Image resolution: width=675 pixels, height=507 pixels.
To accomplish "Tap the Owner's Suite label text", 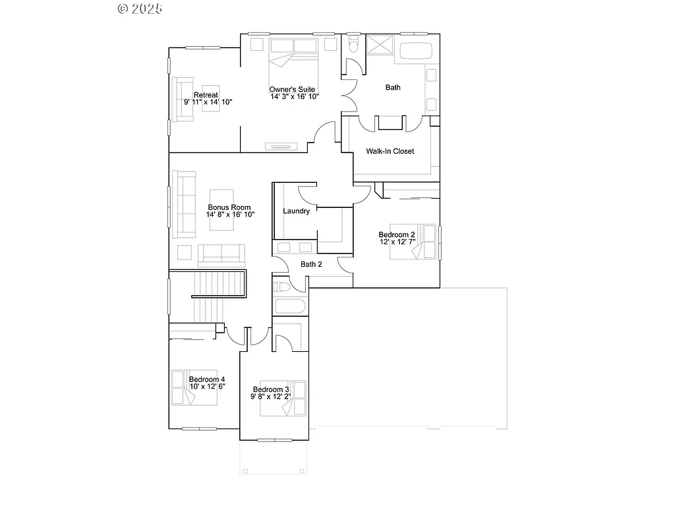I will click(292, 89).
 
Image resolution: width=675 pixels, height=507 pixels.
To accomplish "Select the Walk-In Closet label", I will click(390, 151).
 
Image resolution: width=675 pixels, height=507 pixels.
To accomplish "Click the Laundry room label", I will click(296, 211).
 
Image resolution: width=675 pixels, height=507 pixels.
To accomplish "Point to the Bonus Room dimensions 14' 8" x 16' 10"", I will click(230, 215).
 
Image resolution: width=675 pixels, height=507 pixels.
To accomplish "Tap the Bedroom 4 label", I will click(207, 380).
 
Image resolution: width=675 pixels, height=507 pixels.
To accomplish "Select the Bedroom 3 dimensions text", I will click(270, 397).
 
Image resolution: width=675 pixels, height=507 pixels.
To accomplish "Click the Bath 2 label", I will click(311, 264).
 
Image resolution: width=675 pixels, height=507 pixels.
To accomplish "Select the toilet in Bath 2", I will click(281, 287).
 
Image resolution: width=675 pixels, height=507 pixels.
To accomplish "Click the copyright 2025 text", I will click(140, 9).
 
